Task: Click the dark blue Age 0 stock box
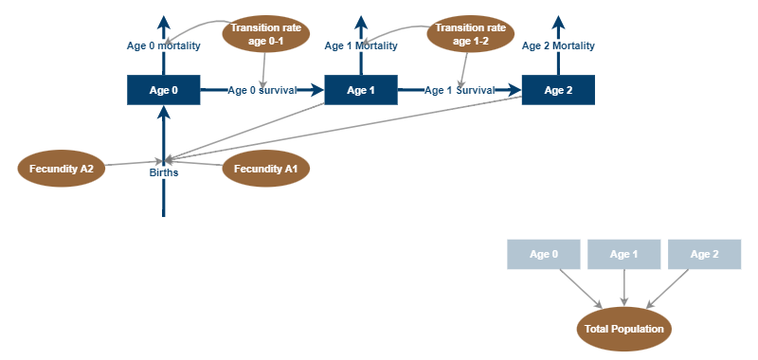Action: click(163, 90)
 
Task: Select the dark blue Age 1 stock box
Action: click(361, 90)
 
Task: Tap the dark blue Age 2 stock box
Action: click(558, 90)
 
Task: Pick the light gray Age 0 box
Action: click(543, 254)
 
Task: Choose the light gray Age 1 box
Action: click(623, 254)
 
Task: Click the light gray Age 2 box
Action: click(704, 254)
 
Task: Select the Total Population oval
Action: click(623, 329)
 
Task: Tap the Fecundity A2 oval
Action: click(61, 169)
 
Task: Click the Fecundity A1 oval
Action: click(265, 169)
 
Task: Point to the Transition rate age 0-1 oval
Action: click(265, 34)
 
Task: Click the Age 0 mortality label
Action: click(163, 45)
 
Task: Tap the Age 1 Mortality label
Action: click(361, 45)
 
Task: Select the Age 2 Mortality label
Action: click(559, 45)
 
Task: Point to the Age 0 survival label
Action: click(262, 90)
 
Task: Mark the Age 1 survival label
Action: click(460, 90)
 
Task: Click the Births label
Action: click(163, 172)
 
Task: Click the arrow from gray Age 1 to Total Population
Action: click(623, 288)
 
